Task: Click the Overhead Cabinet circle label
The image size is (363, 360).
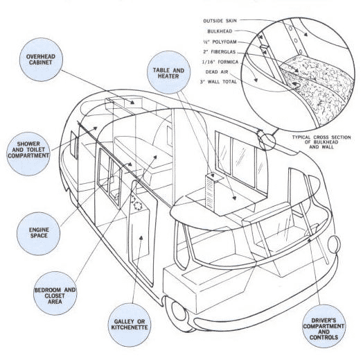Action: tap(41, 60)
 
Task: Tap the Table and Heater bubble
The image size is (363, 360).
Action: tap(168, 73)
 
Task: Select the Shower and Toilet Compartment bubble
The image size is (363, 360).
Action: tap(28, 154)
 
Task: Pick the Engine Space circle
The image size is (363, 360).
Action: tap(38, 234)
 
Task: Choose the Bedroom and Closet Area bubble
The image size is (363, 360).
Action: tap(55, 293)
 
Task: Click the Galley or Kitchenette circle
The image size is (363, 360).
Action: tap(130, 325)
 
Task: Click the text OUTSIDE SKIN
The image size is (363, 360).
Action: tap(220, 21)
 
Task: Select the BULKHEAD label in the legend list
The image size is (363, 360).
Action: tap(220, 31)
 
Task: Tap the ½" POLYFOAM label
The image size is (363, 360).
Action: tap(220, 42)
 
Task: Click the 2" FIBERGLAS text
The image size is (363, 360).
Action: tap(220, 52)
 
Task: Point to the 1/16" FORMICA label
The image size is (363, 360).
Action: tap(220, 62)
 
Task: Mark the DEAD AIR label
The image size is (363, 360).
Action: tap(217, 72)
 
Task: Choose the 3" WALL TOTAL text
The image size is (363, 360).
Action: tap(218, 82)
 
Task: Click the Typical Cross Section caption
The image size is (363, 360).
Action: tap(321, 142)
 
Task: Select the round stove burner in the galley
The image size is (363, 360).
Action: tap(139, 205)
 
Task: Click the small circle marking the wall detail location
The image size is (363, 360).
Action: tap(267, 142)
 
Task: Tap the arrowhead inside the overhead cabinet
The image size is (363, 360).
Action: tap(132, 102)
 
